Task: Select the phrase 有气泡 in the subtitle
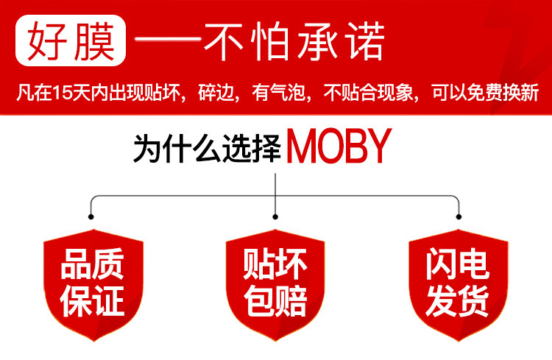click(x=273, y=94)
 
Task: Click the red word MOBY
click(x=337, y=148)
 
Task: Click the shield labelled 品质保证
click(x=92, y=283)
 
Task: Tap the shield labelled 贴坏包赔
click(x=275, y=283)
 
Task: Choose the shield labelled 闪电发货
click(x=458, y=283)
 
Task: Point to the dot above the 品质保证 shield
click(x=91, y=216)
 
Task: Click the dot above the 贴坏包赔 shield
click(x=275, y=216)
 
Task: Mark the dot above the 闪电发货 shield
click(x=460, y=216)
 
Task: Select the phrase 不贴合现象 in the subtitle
click(x=369, y=94)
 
